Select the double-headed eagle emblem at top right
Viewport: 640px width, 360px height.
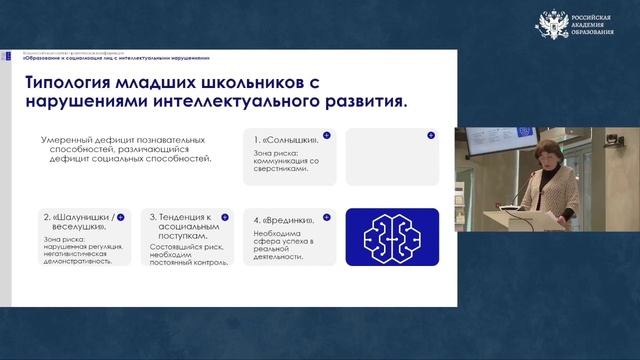point(553,25)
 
